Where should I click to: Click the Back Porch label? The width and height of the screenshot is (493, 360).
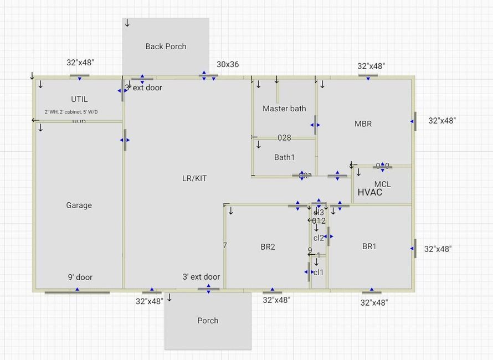(166, 47)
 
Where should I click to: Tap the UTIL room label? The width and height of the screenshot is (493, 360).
(79, 99)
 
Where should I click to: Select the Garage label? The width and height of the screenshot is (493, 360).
(79, 205)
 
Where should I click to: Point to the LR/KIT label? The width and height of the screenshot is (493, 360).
(194, 178)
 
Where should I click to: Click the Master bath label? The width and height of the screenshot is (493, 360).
(284, 109)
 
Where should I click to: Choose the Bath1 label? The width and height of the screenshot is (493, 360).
(284, 157)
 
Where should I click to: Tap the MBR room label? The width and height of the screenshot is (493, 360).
(363, 124)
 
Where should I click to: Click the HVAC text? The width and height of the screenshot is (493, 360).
(370, 193)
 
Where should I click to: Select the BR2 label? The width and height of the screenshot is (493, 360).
(268, 246)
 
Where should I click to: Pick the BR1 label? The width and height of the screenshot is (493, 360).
(369, 246)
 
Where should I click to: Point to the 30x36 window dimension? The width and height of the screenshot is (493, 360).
(228, 64)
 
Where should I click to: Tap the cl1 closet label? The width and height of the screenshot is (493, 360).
(318, 272)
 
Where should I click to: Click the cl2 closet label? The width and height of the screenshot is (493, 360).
(319, 238)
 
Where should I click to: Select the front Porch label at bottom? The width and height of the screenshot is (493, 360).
(208, 320)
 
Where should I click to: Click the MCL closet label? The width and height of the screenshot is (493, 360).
(382, 184)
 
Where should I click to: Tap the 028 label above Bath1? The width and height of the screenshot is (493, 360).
(284, 138)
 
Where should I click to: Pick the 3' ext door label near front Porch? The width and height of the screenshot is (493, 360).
(201, 276)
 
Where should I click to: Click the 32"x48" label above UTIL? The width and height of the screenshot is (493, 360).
(80, 63)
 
